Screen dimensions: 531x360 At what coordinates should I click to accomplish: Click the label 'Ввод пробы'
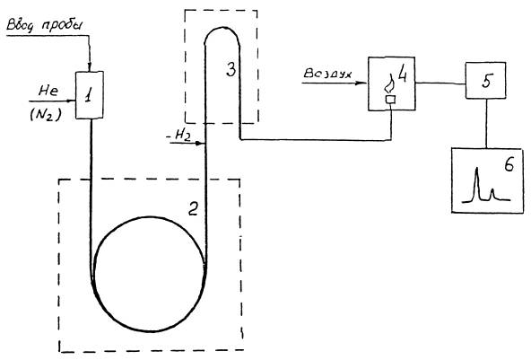tap(45, 26)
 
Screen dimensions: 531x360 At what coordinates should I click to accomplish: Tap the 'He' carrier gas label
tap(48, 91)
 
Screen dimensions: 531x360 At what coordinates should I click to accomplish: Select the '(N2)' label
tap(46, 116)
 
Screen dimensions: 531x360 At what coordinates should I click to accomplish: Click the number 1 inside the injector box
tap(89, 95)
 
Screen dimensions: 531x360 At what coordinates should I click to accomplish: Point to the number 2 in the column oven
tap(193, 208)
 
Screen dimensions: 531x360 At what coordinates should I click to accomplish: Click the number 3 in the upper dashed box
tap(231, 70)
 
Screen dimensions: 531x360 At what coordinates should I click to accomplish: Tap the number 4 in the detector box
tap(403, 74)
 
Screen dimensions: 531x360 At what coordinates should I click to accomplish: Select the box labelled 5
tap(485, 80)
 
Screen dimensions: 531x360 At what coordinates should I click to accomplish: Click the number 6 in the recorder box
tap(509, 165)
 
